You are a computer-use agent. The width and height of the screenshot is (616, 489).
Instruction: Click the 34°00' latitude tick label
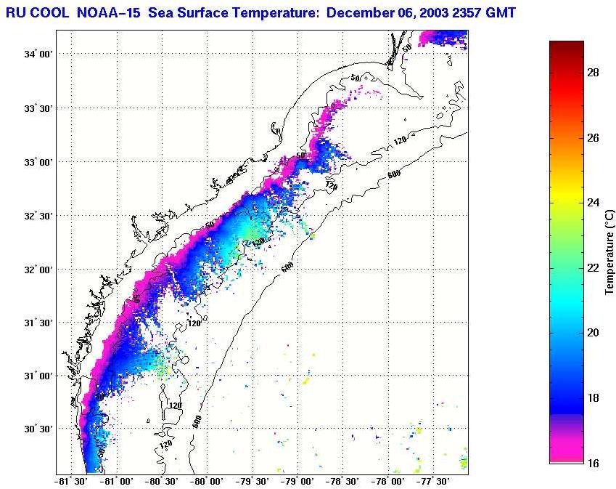coord(37,54)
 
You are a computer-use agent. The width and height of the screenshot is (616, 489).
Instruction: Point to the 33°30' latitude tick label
coord(37,108)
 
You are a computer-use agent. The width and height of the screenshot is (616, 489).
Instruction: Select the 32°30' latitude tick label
coord(37,216)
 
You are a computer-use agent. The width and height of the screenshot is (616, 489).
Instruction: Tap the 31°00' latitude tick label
coord(37,376)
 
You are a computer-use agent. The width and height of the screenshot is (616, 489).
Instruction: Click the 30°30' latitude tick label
coord(37,429)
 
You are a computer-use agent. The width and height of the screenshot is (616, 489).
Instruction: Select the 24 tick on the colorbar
coord(592,203)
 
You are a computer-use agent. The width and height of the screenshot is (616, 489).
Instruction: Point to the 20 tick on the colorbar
coord(592,333)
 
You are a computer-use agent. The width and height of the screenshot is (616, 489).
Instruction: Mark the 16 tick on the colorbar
coord(592,463)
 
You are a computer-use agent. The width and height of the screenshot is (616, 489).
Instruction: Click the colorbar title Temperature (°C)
coord(610,251)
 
